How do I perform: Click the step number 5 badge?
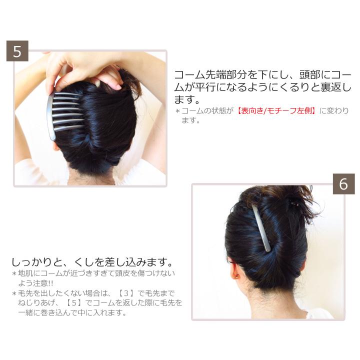coord(17,51)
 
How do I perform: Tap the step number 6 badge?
coord(343,184)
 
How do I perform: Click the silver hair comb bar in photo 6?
coord(261,228)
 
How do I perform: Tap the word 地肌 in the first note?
coord(27,273)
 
